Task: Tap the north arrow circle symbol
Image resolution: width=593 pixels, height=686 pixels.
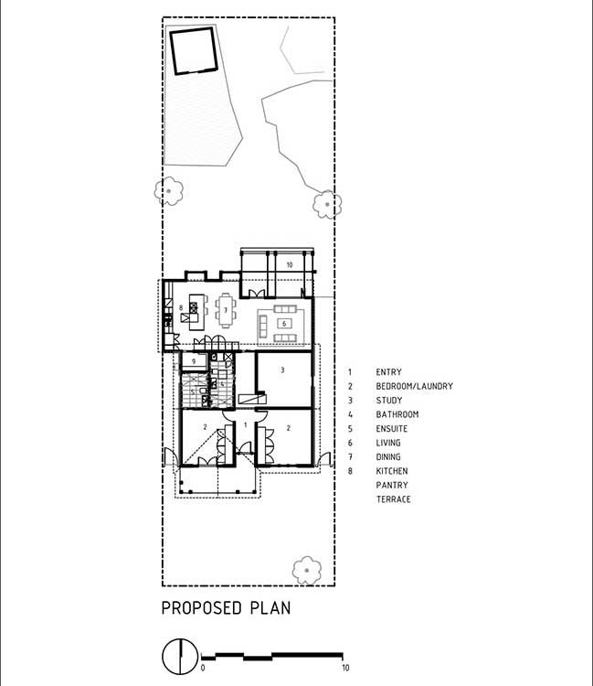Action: [180, 656]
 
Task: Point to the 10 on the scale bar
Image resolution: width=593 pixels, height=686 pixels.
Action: [345, 668]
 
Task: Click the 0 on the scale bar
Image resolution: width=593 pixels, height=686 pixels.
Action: [202, 668]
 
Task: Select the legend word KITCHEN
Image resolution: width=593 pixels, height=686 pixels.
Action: [392, 471]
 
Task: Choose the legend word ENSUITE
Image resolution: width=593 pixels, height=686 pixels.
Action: [392, 429]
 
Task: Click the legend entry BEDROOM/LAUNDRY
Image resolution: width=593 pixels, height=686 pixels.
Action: [414, 386]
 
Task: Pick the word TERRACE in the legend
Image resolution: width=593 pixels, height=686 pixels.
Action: [393, 499]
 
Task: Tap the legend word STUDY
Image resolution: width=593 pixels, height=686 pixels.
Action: [389, 401]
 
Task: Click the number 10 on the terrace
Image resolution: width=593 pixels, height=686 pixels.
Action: [290, 264]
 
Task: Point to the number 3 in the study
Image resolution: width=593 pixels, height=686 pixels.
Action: [282, 370]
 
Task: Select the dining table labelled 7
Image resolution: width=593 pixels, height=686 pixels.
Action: [226, 310]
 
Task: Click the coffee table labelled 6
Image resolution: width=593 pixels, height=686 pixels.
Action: [284, 324]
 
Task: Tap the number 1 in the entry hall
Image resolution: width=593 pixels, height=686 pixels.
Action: [245, 424]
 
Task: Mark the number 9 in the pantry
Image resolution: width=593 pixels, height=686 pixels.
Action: [194, 362]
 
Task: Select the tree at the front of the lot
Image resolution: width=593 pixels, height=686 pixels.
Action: [306, 571]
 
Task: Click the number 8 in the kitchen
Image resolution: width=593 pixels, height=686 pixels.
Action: [181, 308]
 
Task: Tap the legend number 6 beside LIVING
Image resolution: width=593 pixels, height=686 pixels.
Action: [350, 443]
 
